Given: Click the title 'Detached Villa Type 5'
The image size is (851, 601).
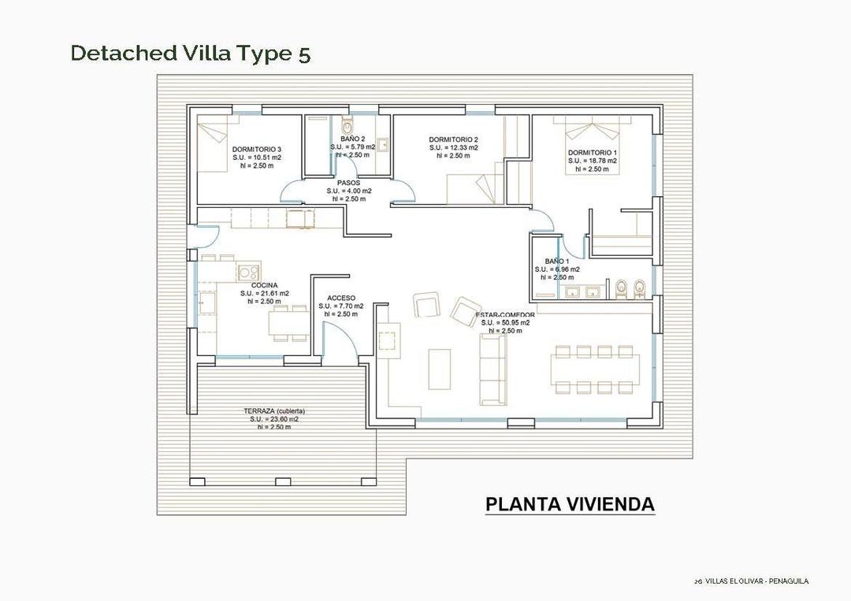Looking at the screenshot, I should [190, 53].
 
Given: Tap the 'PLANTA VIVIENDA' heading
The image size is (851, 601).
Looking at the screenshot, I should [569, 504].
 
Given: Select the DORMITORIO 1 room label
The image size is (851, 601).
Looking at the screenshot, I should [592, 152].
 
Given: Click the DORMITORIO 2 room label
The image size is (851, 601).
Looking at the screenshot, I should [453, 139].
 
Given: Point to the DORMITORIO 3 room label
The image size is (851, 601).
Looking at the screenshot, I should [256, 149].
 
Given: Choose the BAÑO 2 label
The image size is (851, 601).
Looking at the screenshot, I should [352, 139].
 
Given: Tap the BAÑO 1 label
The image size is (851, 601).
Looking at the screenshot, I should [557, 261].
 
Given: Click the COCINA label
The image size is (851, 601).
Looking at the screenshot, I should [264, 285].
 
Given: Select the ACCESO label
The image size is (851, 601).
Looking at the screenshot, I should [340, 298].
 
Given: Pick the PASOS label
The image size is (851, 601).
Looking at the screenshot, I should [348, 183].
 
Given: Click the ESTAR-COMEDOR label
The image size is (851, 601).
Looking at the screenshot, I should [505, 315].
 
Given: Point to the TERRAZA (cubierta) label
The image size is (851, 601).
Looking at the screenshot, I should [273, 411].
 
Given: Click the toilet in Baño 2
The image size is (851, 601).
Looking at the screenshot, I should [349, 126].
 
